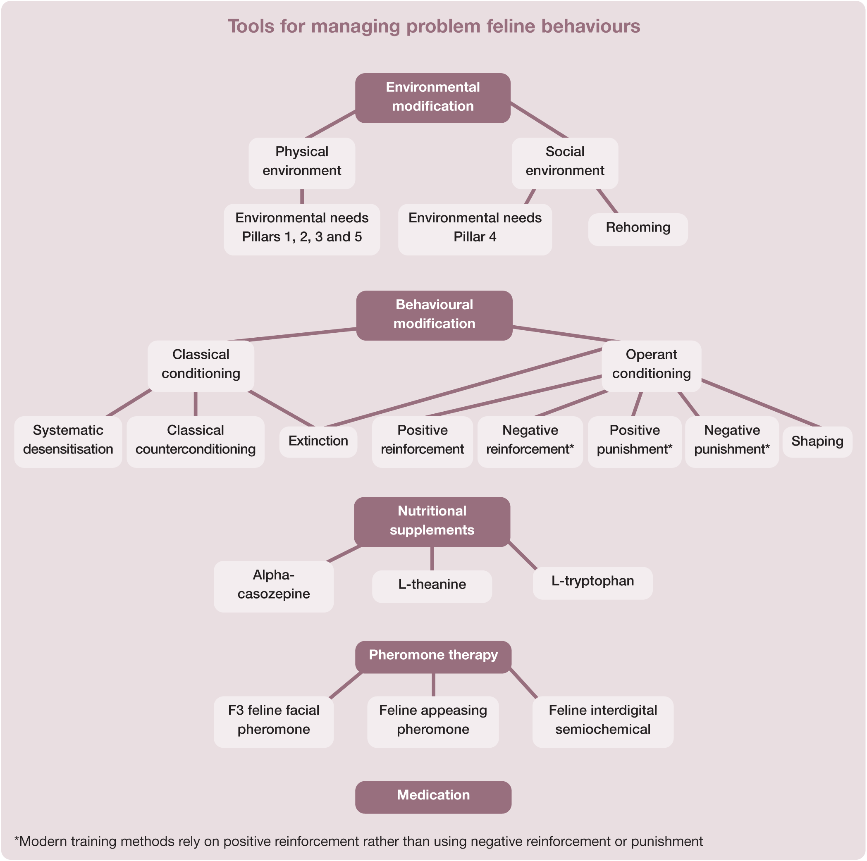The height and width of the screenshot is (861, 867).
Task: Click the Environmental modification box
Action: coord(432,98)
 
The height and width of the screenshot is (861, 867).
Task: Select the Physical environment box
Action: coord(301,163)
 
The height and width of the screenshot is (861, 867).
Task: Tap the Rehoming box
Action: coord(638,229)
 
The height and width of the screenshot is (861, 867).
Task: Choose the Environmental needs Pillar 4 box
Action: coord(475,229)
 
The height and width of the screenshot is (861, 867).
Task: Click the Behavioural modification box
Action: coord(434,315)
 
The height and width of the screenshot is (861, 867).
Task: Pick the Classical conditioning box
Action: coord(201,366)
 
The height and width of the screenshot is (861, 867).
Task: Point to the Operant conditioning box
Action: coord(651,366)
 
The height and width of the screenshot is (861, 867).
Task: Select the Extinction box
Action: coord(318,441)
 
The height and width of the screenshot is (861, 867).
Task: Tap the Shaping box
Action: coord(817,441)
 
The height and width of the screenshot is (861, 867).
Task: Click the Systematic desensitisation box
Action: coord(68,442)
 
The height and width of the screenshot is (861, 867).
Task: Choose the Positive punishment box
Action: coord(635,442)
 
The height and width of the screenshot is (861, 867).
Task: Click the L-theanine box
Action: coord(432,586)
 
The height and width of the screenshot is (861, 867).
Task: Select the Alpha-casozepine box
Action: coord(274,586)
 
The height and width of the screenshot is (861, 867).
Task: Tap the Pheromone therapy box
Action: coord(433,657)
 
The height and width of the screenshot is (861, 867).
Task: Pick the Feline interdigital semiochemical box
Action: coord(603,721)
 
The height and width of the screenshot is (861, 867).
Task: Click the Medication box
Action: coord(433,797)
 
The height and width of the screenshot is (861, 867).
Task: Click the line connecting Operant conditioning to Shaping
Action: coord(761,403)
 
